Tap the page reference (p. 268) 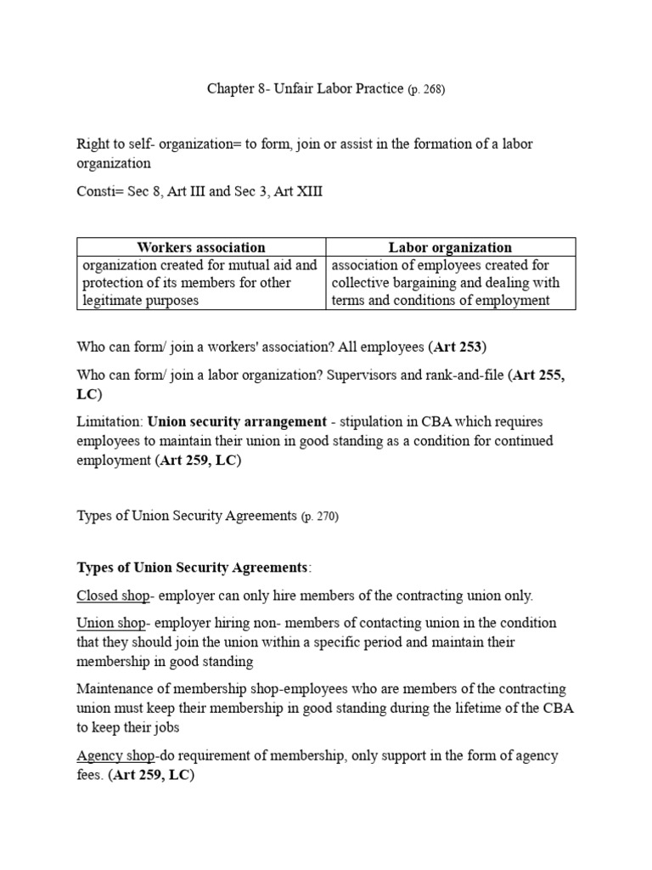coord(426,90)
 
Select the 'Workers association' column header coord(201,247)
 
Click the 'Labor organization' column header coord(450,247)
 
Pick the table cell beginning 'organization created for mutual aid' coord(201,283)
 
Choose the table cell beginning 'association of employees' coord(450,283)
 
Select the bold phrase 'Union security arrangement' coord(237,422)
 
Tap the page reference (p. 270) coord(320,517)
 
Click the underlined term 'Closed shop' coord(110,596)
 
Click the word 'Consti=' coord(99,192)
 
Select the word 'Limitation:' coord(110,422)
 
